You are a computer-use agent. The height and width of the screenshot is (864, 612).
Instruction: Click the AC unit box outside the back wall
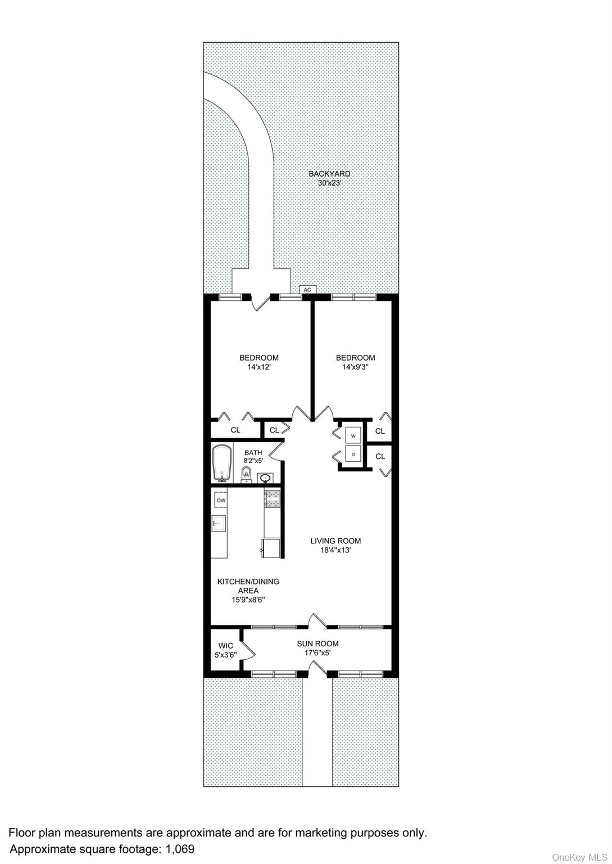click(308, 290)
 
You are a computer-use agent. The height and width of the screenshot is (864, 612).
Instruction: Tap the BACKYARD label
click(329, 174)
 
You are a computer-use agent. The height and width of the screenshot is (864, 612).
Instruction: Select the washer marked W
click(353, 436)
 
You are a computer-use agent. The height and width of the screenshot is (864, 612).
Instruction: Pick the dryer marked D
click(353, 454)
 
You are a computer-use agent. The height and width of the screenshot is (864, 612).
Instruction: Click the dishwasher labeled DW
click(221, 501)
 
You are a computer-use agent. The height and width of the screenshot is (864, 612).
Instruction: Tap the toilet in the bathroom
click(246, 475)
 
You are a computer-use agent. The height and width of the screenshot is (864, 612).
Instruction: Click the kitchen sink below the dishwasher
click(219, 524)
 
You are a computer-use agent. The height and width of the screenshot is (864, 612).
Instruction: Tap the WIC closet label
click(226, 646)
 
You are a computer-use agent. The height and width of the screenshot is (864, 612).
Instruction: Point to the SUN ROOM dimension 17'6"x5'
click(318, 653)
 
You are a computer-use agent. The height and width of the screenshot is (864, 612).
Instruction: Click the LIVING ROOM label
click(336, 541)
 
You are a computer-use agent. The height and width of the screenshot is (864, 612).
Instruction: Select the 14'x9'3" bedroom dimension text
click(355, 367)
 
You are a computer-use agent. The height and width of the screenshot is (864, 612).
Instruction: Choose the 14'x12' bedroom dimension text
click(259, 367)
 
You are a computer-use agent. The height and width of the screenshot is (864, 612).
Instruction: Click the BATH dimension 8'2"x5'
click(253, 460)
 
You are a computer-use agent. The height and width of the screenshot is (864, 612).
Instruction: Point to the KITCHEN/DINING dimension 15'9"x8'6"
click(248, 600)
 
